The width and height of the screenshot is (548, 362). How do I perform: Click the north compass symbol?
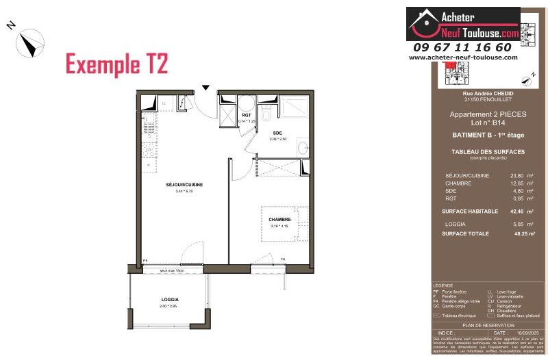[29, 42]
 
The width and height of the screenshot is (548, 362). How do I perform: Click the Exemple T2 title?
[116, 64]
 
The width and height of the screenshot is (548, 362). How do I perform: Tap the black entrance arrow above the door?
[205, 88]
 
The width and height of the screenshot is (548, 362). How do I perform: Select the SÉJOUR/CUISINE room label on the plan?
[184, 185]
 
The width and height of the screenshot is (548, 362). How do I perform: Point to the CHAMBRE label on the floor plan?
[280, 220]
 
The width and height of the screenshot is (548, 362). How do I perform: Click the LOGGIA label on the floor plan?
[170, 300]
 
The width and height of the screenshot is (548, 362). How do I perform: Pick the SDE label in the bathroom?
[278, 132]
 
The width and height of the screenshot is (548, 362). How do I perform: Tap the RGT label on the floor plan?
[246, 115]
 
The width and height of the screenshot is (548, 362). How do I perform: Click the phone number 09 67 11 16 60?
[462, 47]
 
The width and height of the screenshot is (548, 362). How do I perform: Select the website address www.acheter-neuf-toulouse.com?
[463, 57]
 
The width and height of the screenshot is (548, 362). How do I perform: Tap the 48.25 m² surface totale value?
[514, 233]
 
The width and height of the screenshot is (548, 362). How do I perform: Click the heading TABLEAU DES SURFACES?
[479, 151]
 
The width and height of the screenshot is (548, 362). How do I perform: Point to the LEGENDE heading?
[444, 285]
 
